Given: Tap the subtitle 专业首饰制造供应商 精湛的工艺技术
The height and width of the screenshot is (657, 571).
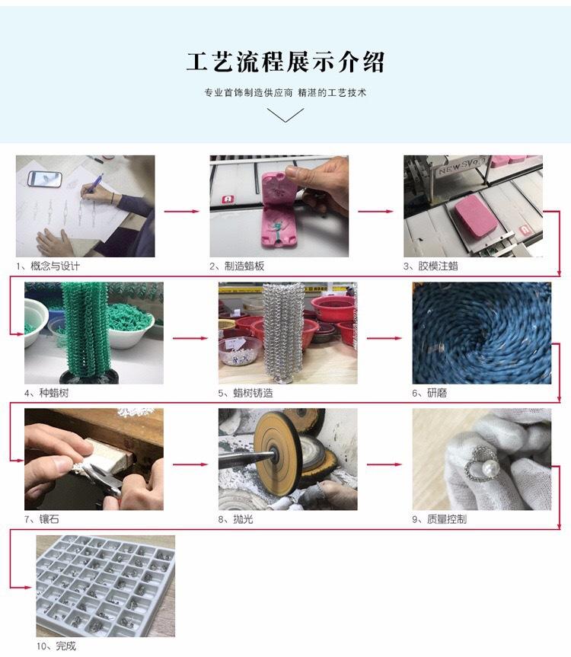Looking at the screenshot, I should tap(285, 93).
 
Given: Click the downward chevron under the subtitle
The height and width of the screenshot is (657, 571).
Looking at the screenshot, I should tap(285, 115).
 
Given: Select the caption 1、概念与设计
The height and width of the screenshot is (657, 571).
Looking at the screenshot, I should tap(47, 266).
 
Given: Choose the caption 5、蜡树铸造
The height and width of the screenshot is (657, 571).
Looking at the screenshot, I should tap(245, 393).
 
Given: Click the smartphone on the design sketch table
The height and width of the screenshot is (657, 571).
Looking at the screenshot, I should tap(44, 178).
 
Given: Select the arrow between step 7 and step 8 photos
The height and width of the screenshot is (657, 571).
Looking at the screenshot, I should tap(190, 463).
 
